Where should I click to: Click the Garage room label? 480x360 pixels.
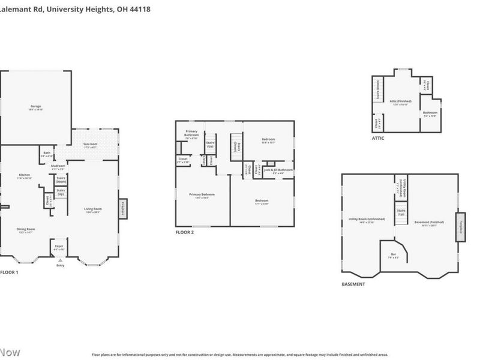[x=36, y=106]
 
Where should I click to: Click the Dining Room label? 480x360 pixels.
[x=25, y=229]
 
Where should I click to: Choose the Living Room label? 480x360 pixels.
[x=93, y=209]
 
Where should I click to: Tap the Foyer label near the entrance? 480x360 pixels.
[x=59, y=246]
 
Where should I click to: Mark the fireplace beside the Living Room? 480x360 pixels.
[x=123, y=208]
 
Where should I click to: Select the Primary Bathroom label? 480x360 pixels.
[x=191, y=133]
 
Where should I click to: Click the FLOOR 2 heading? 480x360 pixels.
[x=185, y=232]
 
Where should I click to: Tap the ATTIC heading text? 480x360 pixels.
[x=378, y=138]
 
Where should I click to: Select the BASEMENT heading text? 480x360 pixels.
[x=353, y=284]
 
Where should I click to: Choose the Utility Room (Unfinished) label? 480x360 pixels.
[x=362, y=219]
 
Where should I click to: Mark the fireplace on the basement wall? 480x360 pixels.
[x=461, y=227]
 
